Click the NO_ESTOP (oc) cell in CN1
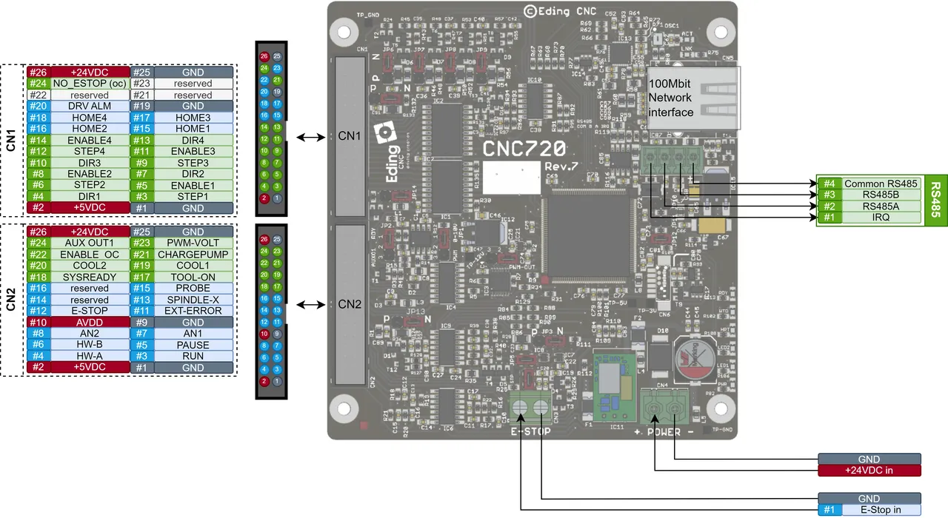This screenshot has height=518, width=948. (x=89, y=84)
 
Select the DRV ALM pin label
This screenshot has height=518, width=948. (x=89, y=107)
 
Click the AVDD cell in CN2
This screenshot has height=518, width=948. (x=89, y=323)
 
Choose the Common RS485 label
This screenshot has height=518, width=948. (x=881, y=184)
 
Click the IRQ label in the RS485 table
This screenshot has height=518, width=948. (x=881, y=218)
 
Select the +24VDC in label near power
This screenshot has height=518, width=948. (x=869, y=471)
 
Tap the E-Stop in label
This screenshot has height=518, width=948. (x=880, y=510)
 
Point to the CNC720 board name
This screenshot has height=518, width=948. (x=524, y=149)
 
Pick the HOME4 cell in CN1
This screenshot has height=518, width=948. (x=89, y=118)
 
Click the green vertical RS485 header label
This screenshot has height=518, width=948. (x=935, y=201)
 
